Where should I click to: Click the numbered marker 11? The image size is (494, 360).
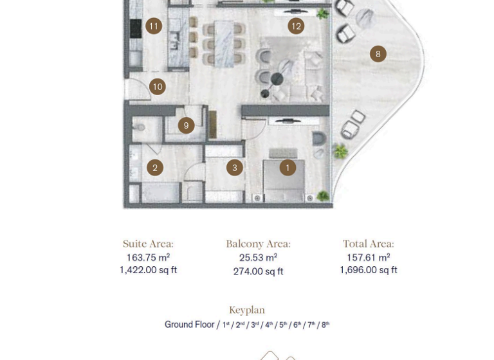(x=153, y=26)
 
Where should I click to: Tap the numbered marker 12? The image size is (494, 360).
(x=296, y=26)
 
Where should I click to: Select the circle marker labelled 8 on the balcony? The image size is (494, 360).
(x=378, y=54)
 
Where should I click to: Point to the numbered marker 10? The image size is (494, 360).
(x=158, y=87)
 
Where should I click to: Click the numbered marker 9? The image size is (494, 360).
(x=186, y=125)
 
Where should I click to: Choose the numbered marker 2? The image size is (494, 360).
(x=155, y=168)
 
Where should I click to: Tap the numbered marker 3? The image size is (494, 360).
(x=235, y=168)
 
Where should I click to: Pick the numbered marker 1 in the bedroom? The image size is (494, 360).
(x=288, y=168)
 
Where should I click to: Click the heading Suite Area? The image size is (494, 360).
(x=148, y=244)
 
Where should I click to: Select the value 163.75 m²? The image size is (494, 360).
(x=148, y=258)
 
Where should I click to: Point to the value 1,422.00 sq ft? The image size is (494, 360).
(x=148, y=270)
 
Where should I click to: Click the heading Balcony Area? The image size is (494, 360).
(x=258, y=244)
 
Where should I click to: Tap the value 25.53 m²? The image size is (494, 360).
(x=258, y=258)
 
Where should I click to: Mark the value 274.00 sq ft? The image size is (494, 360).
(x=258, y=271)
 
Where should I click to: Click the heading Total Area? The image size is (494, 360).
(x=368, y=244)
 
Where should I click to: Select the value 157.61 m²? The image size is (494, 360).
(x=368, y=258)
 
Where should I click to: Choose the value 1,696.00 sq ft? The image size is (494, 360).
(x=368, y=270)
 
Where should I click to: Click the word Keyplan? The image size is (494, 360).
(x=247, y=310)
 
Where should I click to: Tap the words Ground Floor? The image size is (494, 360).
(x=189, y=325)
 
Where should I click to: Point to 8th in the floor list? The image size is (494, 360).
(x=325, y=325)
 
